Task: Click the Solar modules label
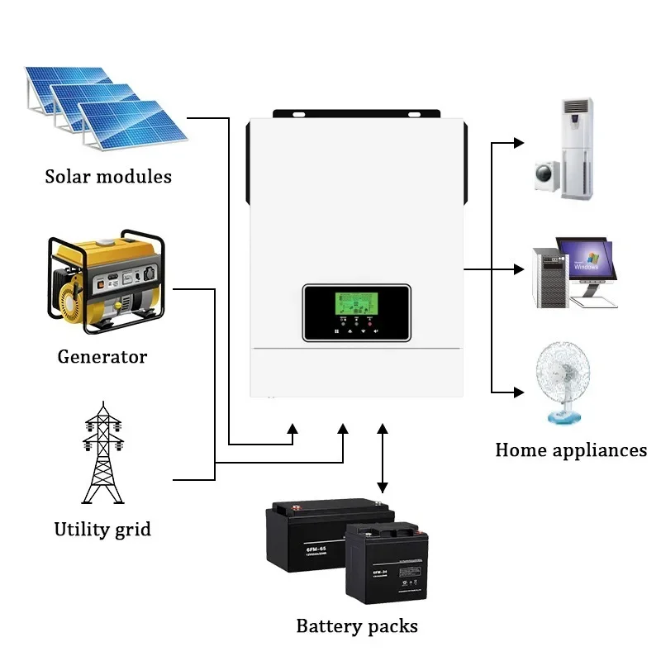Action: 108,176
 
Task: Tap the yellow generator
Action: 104,282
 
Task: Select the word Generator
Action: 102,357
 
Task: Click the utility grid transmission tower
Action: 102,454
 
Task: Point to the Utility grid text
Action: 102,529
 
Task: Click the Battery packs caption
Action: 357,625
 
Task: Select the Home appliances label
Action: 571,450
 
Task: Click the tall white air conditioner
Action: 577,149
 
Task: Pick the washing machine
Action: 546,174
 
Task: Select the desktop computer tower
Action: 549,277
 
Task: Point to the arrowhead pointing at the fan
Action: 519,392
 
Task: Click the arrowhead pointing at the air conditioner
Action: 519,143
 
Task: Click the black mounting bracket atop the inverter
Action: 356,112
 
